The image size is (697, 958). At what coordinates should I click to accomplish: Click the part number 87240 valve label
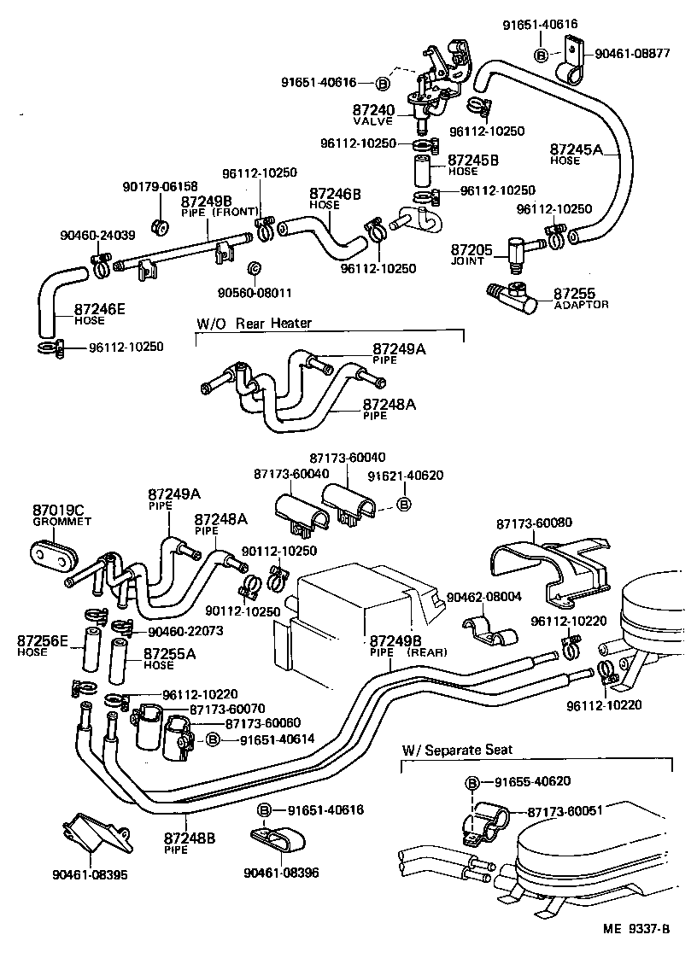[373, 110]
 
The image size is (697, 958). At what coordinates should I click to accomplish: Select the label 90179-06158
[159, 186]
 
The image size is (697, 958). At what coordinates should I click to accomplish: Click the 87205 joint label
[471, 249]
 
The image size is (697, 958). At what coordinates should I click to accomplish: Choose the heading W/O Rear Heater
[254, 323]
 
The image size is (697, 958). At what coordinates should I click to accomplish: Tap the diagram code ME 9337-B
[629, 930]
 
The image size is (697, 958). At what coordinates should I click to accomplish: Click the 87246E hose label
[100, 309]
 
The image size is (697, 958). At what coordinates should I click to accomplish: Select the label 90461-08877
[633, 54]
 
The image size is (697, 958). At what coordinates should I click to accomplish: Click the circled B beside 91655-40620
[471, 782]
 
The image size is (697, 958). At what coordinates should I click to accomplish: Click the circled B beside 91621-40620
[404, 505]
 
